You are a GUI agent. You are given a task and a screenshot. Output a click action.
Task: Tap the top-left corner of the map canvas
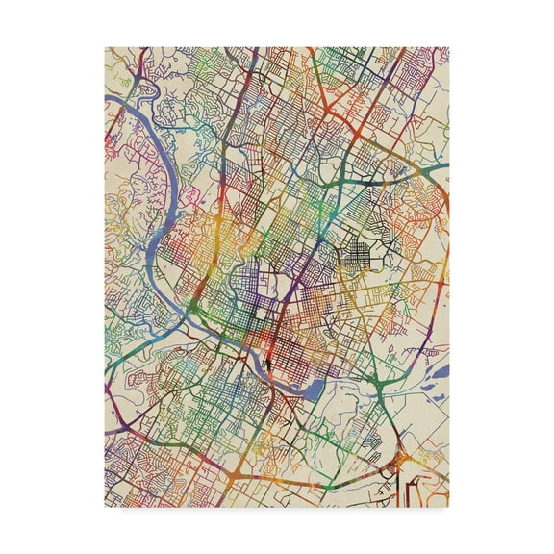(x=105, y=47)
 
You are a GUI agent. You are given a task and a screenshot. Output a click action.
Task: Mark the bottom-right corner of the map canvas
(x=449, y=508)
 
